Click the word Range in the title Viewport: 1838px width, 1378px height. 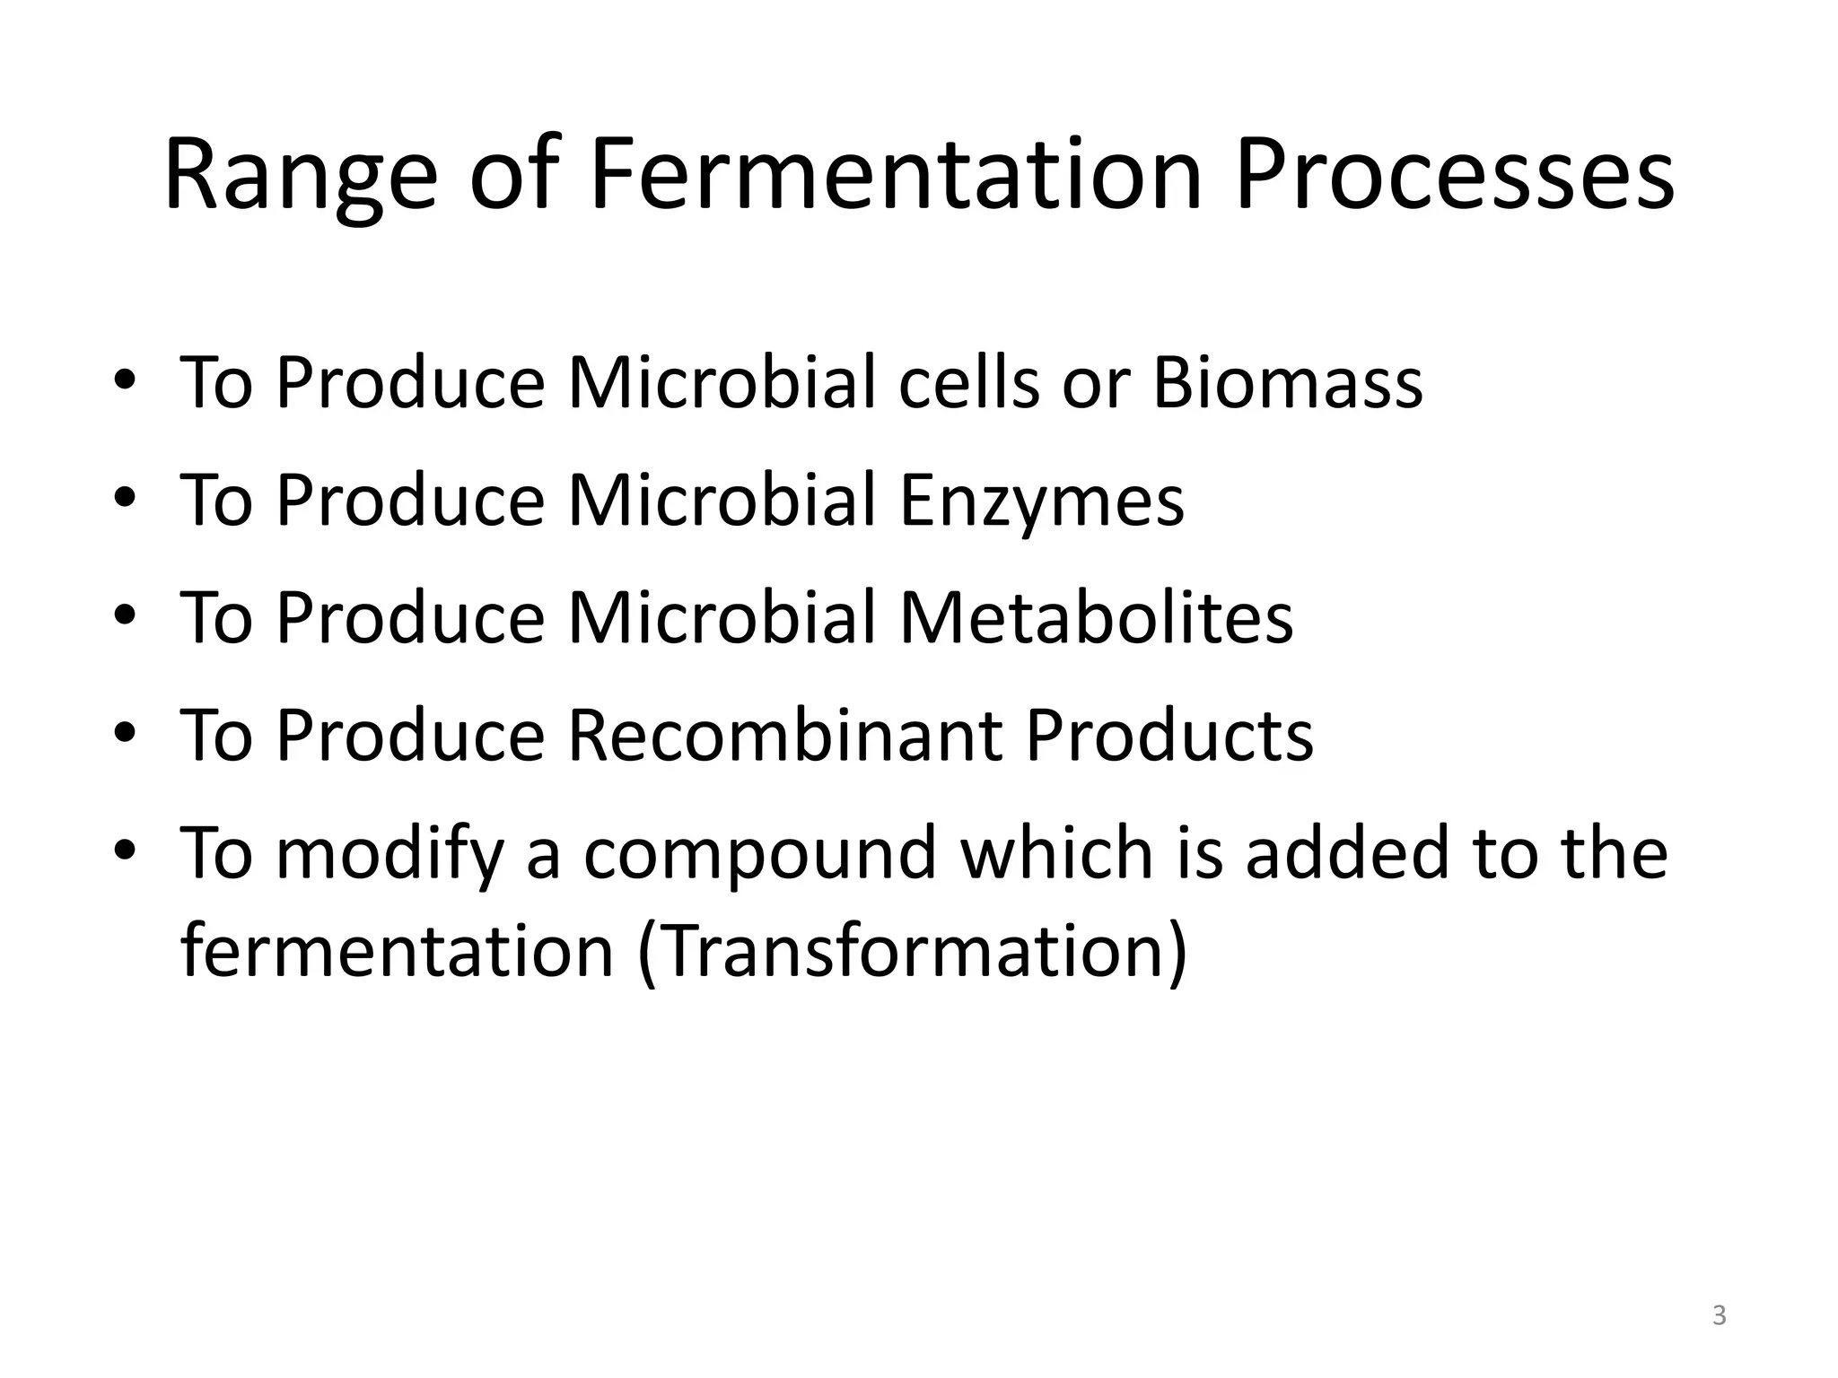pos(300,175)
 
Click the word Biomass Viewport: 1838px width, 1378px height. pos(1287,383)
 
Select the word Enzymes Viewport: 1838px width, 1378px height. pos(1041,501)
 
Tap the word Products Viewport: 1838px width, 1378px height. pos(1168,735)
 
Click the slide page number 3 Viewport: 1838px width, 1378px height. pos(1719,1316)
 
